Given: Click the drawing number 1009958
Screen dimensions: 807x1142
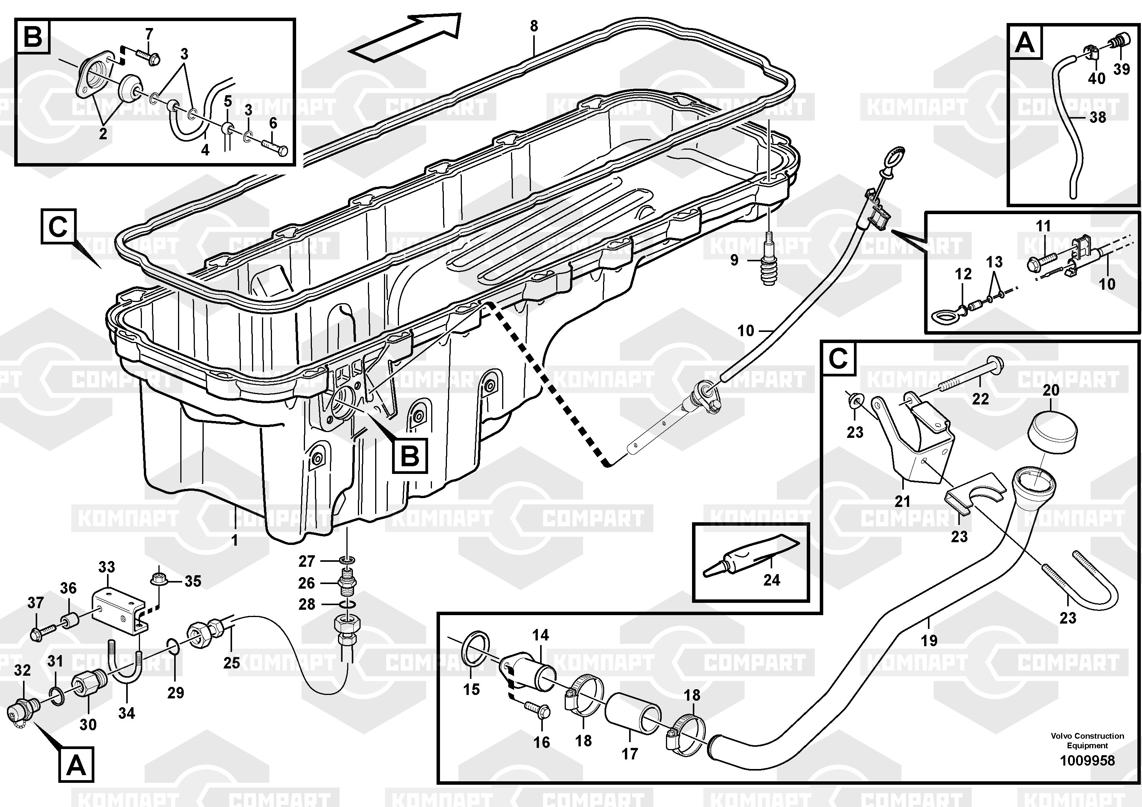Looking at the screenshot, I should pyautogui.click(x=1087, y=761).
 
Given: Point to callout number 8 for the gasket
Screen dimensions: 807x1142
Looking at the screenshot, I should pyautogui.click(x=534, y=26).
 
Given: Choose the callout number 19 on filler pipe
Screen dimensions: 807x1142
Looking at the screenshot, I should pyautogui.click(x=929, y=640).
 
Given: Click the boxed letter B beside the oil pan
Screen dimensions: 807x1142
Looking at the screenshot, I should pyautogui.click(x=410, y=455).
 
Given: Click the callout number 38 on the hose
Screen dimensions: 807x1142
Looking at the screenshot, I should pyautogui.click(x=1098, y=117).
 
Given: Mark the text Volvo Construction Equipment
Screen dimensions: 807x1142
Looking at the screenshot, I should pyautogui.click(x=1087, y=740).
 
